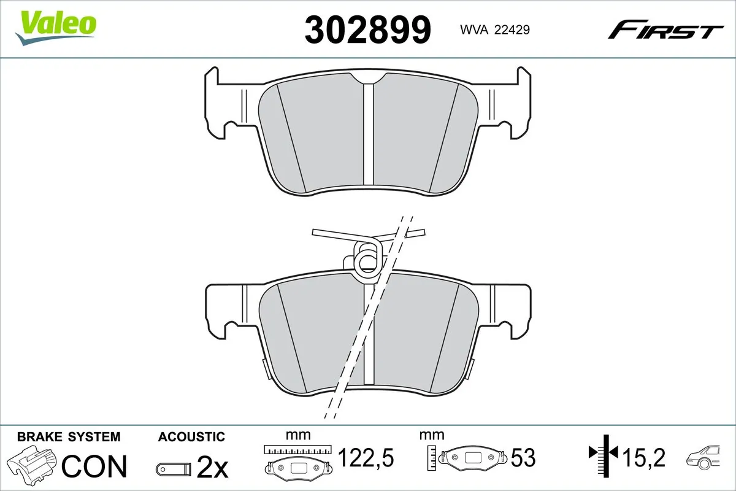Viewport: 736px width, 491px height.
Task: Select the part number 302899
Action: [368, 29]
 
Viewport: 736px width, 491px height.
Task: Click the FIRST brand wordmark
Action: [665, 30]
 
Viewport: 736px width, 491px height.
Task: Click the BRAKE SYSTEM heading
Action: [69, 437]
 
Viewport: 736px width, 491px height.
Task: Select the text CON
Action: [95, 466]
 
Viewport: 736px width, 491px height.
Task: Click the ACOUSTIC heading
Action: [191, 437]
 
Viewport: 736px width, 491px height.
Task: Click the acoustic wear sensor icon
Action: [173, 470]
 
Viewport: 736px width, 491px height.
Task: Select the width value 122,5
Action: [366, 458]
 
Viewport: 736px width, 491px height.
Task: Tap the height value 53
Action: [523, 458]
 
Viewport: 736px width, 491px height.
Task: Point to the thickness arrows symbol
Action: [605, 454]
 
